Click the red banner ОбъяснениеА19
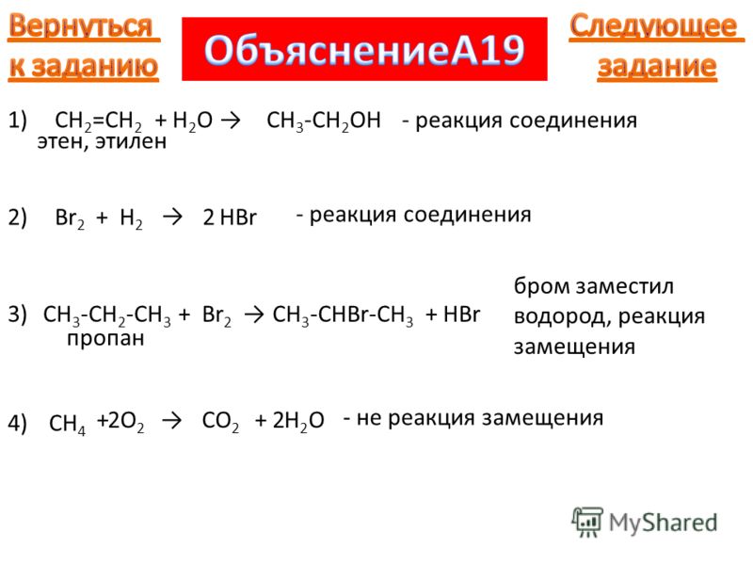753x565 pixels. pos(364,50)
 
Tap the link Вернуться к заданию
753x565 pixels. pos(84,46)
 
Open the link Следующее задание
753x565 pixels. pos(656,46)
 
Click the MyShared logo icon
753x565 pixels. pos(586,522)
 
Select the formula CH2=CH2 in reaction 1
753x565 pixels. pos(99,121)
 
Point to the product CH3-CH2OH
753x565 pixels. pos(324,121)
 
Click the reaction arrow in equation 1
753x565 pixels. pos(231,121)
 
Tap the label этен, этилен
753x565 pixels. pos(102,142)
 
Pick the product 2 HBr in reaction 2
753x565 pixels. pos(230,218)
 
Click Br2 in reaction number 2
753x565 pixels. pos(70,218)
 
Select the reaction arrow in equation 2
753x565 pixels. pos(172,218)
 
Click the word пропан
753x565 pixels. pos(105,339)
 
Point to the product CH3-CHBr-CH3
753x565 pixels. pos(343,316)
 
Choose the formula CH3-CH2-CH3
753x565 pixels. pos(106,316)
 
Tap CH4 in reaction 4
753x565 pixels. pos(67,425)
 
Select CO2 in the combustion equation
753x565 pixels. pos(220,421)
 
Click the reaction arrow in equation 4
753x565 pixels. pos(172,421)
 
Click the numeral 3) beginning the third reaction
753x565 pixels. pos(17,315)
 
